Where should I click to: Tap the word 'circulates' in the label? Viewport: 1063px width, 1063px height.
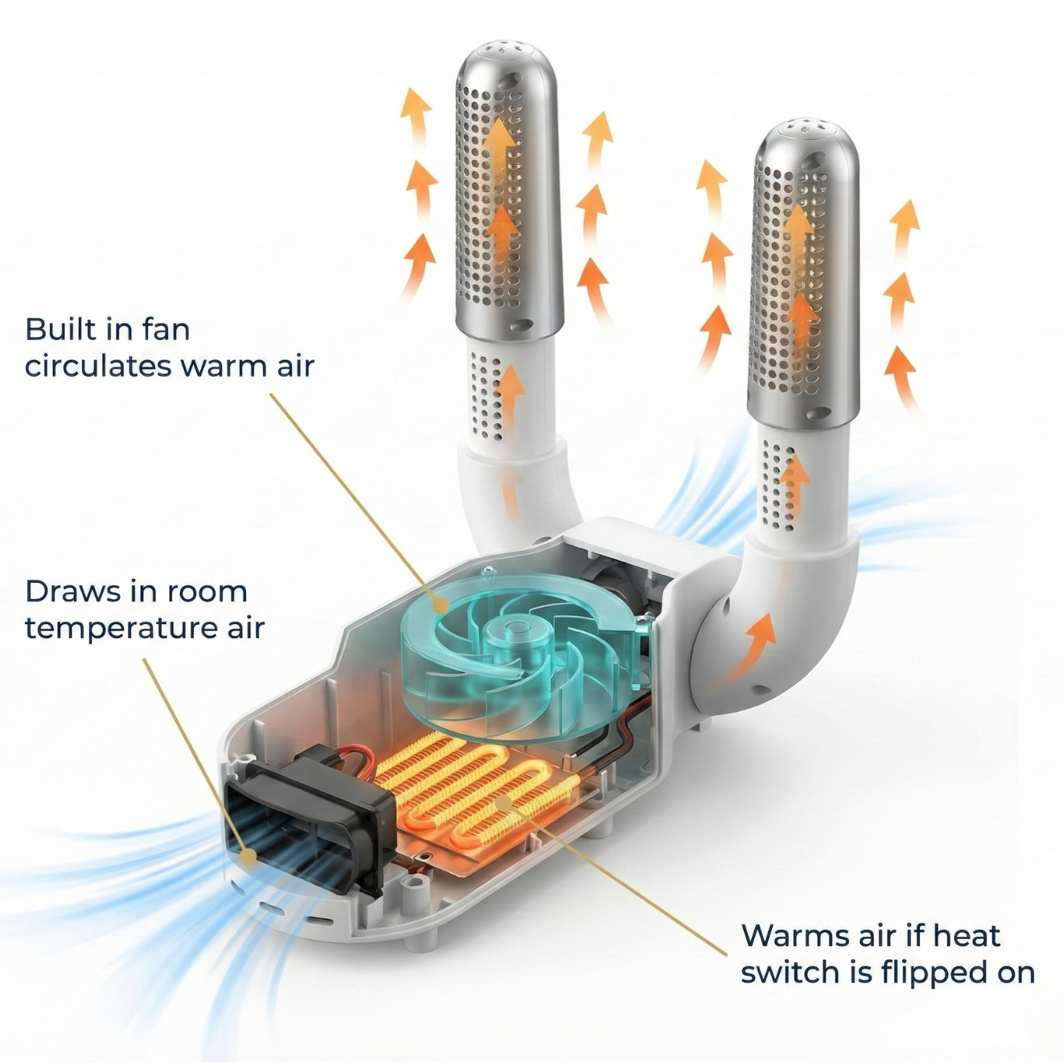[93, 367]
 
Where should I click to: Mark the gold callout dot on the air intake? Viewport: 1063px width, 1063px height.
[249, 872]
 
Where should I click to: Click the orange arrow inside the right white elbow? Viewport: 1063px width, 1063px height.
[750, 654]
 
